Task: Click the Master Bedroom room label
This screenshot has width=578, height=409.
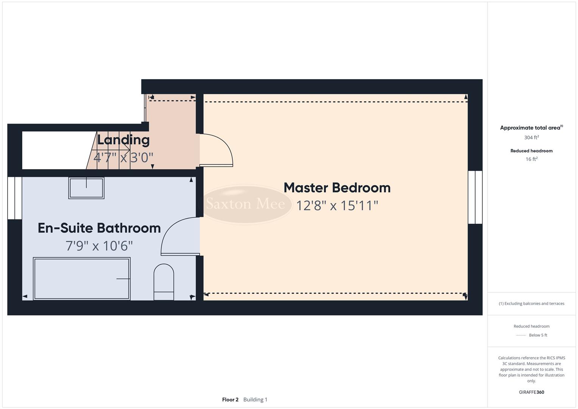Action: coord(337,188)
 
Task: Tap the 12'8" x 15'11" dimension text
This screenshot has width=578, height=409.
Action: coord(337,206)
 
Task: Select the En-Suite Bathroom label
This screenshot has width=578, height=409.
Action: coord(99,228)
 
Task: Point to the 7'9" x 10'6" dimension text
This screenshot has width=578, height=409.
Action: coord(99,246)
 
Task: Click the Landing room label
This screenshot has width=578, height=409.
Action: coord(123,140)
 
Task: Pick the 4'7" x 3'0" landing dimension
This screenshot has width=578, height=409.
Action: coord(123,157)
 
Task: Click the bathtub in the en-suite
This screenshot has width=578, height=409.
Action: coord(81,279)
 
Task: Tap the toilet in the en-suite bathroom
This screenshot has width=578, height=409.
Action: coord(164,282)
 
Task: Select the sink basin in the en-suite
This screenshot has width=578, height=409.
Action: coord(86,188)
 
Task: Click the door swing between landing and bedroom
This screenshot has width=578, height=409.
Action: coord(216,150)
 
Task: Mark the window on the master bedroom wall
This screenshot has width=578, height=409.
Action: coord(475,197)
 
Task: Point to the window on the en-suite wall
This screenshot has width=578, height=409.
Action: coord(15,198)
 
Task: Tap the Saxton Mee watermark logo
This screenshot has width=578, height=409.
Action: coord(245,204)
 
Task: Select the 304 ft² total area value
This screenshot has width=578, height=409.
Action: coord(531,137)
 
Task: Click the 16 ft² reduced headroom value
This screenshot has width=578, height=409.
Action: coord(531,159)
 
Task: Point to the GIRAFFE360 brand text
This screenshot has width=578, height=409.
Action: coord(531,392)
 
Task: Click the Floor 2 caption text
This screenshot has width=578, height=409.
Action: coord(230,400)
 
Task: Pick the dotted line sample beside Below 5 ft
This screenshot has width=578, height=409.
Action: coord(521,335)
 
